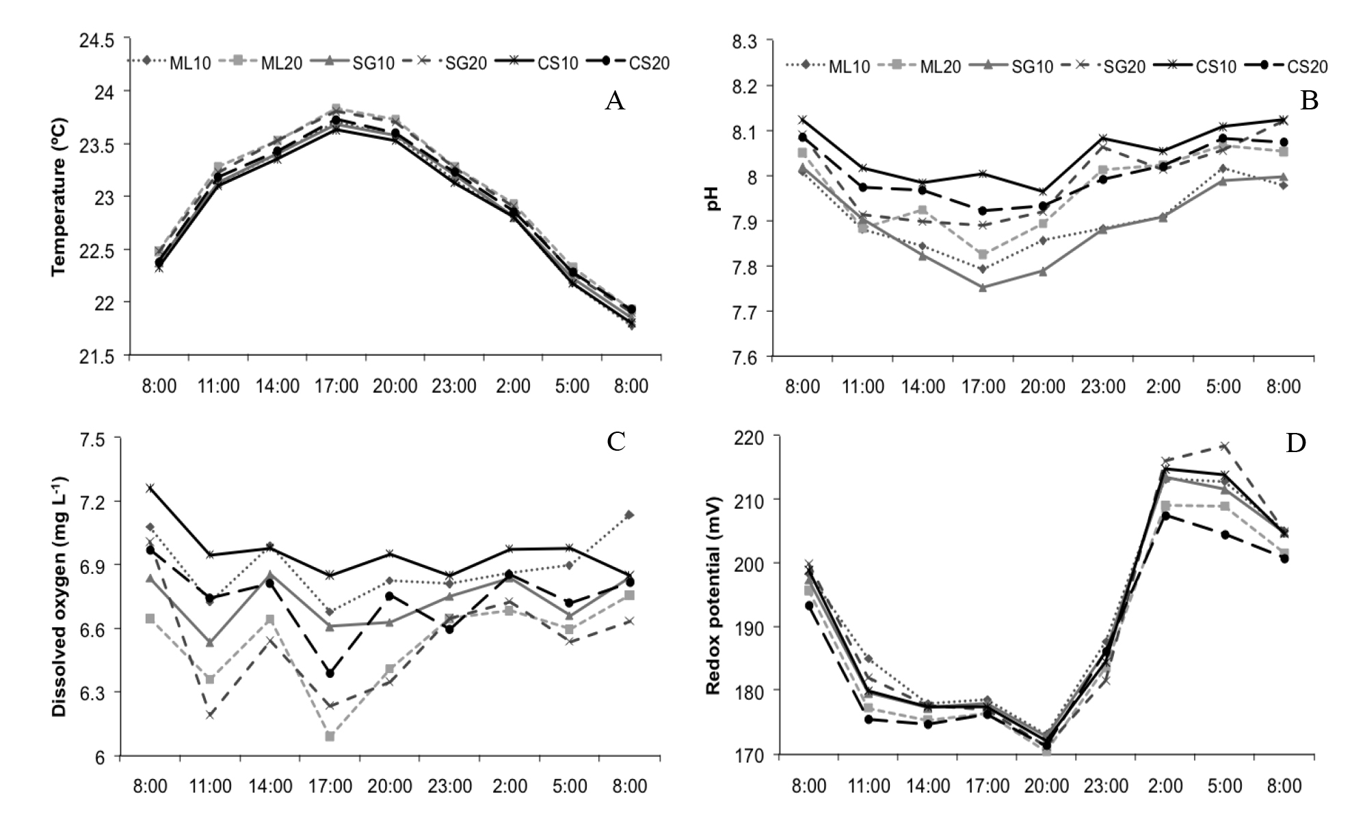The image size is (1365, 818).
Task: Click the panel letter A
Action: (614, 102)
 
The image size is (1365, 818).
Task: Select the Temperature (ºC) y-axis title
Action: (59, 197)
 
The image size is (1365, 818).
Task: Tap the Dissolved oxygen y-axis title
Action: (59, 596)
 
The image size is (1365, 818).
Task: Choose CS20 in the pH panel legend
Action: (1307, 66)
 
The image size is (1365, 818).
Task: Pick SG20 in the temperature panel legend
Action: (466, 63)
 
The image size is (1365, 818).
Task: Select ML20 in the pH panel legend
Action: (940, 66)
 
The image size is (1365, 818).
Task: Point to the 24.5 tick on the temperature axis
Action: (97, 41)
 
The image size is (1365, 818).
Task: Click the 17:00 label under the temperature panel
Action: (336, 386)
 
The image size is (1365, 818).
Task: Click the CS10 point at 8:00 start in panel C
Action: (150, 488)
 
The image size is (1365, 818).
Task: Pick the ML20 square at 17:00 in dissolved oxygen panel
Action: (330, 736)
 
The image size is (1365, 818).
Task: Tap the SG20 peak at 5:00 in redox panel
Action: (1224, 446)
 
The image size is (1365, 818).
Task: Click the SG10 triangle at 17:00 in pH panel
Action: (983, 288)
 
